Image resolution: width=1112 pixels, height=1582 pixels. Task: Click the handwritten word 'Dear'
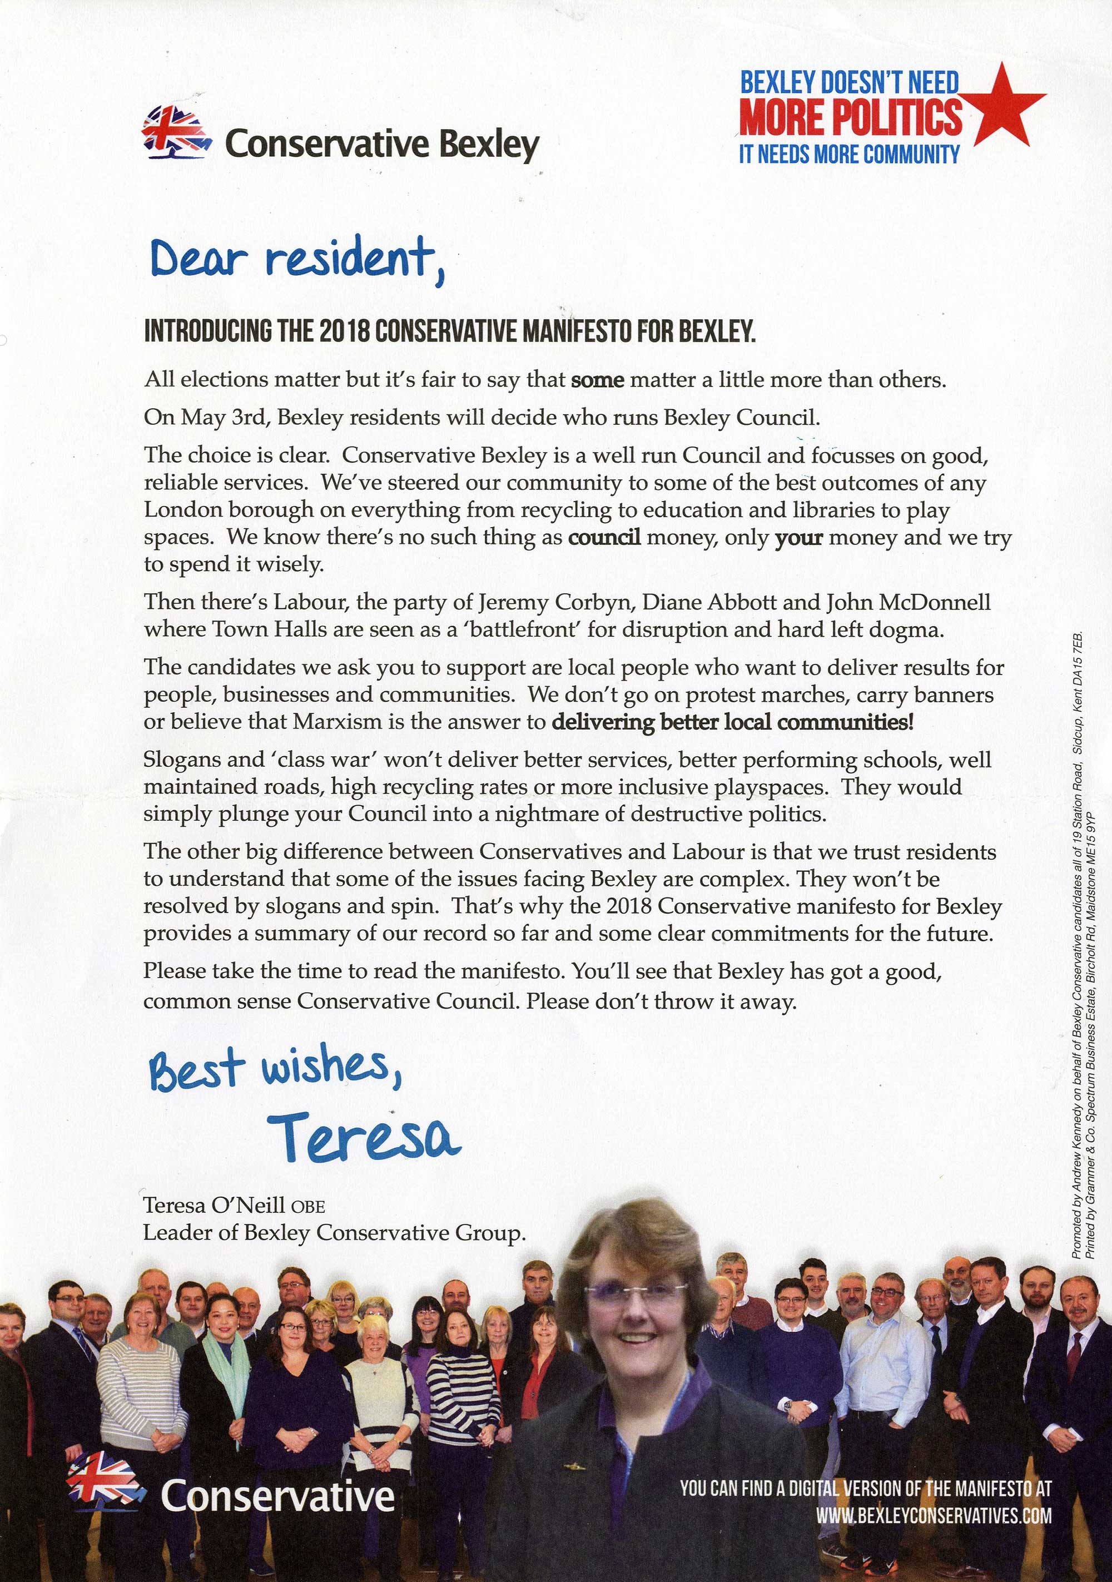coord(198,260)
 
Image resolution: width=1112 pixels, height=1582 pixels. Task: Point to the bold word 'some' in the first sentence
coord(597,380)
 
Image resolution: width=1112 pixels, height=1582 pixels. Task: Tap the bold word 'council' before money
coord(604,537)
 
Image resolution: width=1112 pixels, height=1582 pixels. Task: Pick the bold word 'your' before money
coord(798,537)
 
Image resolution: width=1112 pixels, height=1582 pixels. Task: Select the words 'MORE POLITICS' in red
coord(850,117)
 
